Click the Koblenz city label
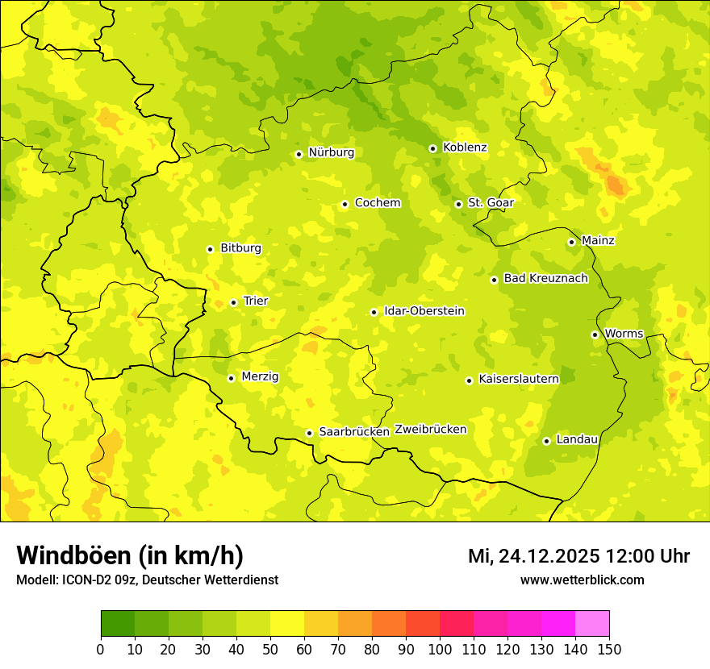tap(465, 148)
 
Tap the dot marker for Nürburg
tap(299, 154)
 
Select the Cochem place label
tap(378, 203)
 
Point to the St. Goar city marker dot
tap(458, 204)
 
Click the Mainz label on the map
tap(598, 241)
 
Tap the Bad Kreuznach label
tap(545, 279)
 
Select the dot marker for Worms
tap(595, 334)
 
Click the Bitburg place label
tap(240, 248)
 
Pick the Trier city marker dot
tap(233, 302)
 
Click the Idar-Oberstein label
tap(424, 311)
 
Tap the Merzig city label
tap(260, 376)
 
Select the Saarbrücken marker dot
tap(309, 433)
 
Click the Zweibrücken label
tap(430, 430)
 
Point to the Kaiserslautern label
tap(519, 379)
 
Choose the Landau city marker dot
tap(546, 441)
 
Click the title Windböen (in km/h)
tap(130, 555)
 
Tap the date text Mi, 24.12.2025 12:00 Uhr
tap(578, 556)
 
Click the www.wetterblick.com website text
tap(582, 580)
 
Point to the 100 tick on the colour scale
tap(440, 649)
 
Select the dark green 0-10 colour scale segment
tap(117, 624)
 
